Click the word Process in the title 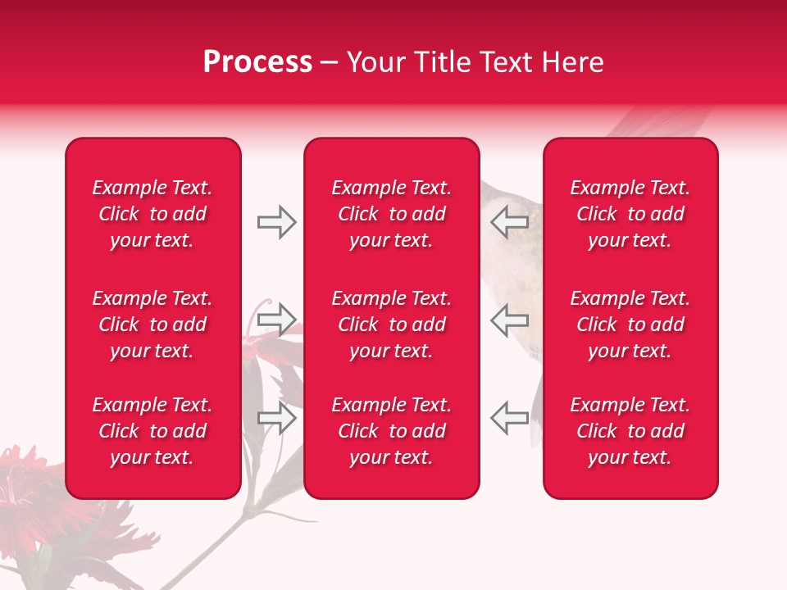click(257, 62)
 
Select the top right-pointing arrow click(276, 222)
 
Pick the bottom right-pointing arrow click(276, 418)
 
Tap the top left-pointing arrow click(509, 222)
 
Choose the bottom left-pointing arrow click(509, 418)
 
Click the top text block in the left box click(152, 214)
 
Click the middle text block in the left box click(152, 324)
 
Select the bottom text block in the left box click(152, 431)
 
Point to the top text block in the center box click(392, 214)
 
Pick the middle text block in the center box click(392, 324)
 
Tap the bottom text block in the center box click(392, 431)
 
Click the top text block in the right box click(630, 214)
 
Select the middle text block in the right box click(630, 324)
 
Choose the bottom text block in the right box click(630, 431)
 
